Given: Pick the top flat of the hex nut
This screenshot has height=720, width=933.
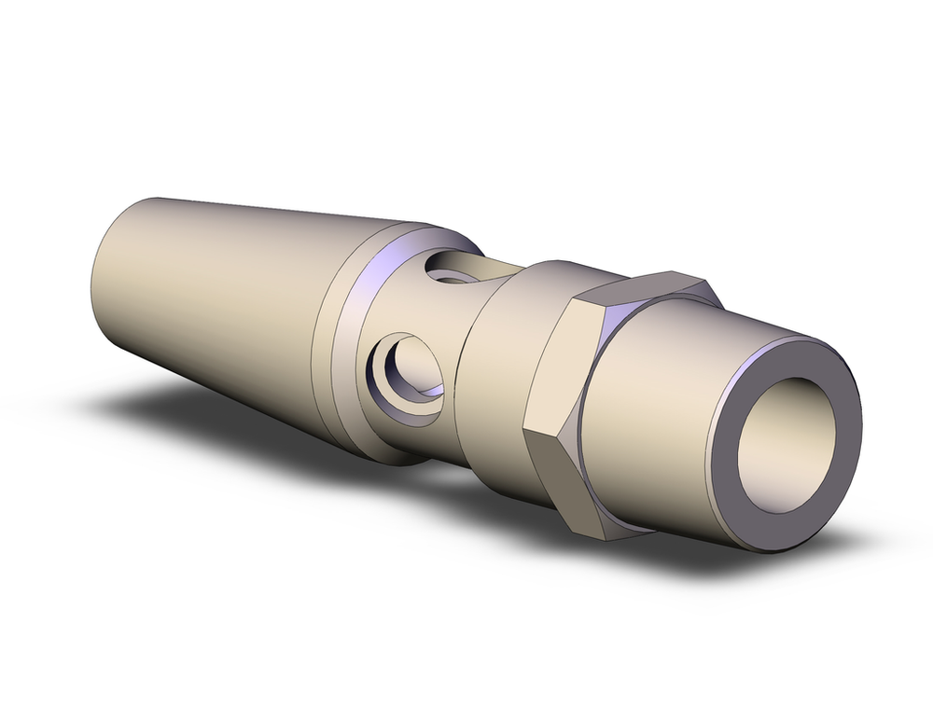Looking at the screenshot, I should point(644,284).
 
